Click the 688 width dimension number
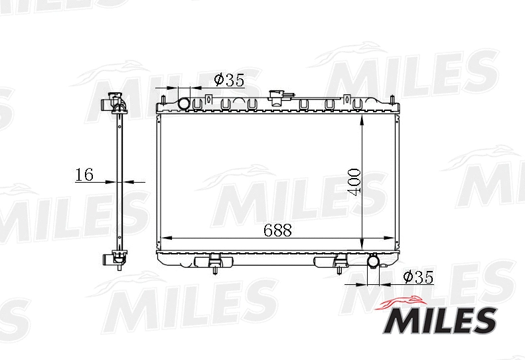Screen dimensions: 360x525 click(x=278, y=230)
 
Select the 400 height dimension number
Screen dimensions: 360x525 click(x=354, y=181)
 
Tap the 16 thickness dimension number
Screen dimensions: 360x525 click(x=84, y=175)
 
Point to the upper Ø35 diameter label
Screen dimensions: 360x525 click(x=229, y=80)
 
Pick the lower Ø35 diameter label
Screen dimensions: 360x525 click(x=417, y=278)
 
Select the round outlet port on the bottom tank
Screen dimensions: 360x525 click(x=374, y=262)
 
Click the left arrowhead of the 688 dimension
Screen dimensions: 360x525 click(x=167, y=238)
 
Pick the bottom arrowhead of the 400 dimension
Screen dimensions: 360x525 click(x=362, y=243)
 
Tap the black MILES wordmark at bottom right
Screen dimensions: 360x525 click(x=437, y=321)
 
